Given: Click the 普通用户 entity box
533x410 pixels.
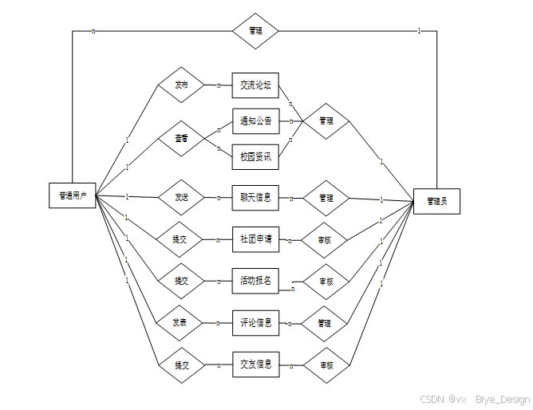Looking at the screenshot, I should (72, 195).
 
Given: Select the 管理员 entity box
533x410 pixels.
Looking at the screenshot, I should (436, 201).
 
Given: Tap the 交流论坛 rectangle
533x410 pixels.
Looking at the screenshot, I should (255, 85).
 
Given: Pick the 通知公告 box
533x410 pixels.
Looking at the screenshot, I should (255, 121).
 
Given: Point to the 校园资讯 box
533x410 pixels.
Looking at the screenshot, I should (255, 157).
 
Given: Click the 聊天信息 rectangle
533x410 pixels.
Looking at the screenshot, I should (255, 197).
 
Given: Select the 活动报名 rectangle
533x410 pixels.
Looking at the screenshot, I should (255, 281).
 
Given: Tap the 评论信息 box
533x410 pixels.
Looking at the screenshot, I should (255, 323).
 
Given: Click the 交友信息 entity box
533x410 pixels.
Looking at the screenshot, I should (255, 365).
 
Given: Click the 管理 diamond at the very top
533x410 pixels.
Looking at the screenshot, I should (255, 31).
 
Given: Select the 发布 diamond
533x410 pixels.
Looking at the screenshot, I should (180, 85).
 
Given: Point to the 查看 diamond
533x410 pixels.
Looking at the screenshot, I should (181, 139).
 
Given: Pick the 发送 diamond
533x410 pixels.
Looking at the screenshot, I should (180, 197).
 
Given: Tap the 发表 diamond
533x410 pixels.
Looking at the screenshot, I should (180, 323).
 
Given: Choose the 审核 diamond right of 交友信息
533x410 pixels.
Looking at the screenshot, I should (326, 365).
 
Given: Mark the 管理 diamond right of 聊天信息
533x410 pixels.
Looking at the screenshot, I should (326, 198).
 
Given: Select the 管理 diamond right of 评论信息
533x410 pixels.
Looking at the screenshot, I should (326, 323).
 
